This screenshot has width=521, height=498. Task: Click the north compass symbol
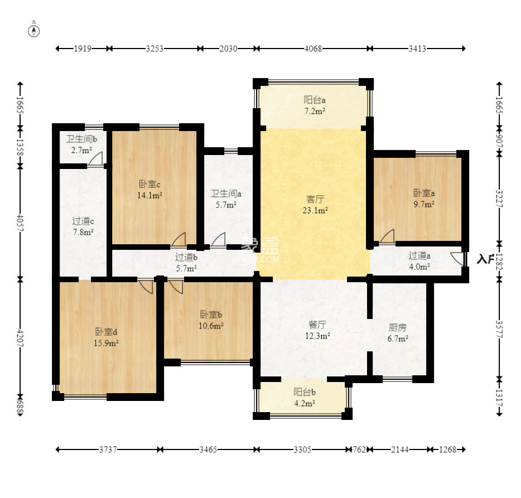[34, 31]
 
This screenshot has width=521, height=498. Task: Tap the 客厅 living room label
[315, 199]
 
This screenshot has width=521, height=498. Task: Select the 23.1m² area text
[315, 210]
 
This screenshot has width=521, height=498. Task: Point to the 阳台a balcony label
[314, 100]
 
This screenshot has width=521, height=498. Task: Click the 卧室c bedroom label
[149, 184]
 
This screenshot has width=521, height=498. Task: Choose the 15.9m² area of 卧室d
[107, 343]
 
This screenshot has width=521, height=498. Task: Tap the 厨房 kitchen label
[398, 328]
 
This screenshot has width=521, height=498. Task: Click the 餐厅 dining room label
[317, 325]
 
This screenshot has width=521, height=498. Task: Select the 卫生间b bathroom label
[81, 139]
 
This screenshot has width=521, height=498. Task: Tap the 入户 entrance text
[485, 259]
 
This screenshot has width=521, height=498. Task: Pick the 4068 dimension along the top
[313, 49]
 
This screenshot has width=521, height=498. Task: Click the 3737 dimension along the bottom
[108, 449]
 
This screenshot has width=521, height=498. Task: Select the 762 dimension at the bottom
[359, 449]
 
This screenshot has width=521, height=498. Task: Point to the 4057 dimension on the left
[20, 223]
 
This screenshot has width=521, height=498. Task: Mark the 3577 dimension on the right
[499, 329]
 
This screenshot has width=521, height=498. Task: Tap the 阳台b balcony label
[305, 392]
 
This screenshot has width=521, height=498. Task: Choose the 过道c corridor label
[83, 221]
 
